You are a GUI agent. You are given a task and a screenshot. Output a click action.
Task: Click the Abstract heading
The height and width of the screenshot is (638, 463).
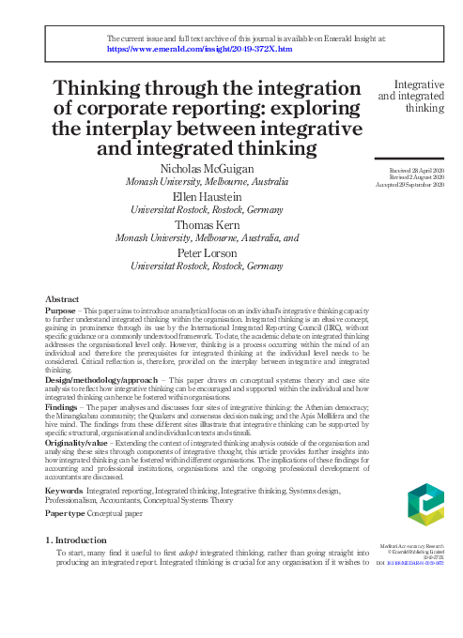(x=62, y=297)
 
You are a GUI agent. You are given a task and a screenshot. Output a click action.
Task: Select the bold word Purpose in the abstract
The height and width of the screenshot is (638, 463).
(x=62, y=309)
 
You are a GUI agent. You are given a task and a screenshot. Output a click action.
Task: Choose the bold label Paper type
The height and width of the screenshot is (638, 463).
(x=68, y=515)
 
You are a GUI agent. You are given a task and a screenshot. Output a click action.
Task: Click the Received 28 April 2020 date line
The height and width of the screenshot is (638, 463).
(x=409, y=168)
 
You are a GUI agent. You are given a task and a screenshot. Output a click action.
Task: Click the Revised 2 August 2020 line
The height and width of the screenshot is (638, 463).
(x=410, y=175)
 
